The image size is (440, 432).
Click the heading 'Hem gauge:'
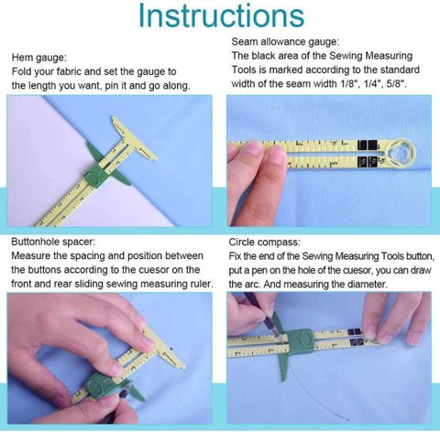pos(38,56)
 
